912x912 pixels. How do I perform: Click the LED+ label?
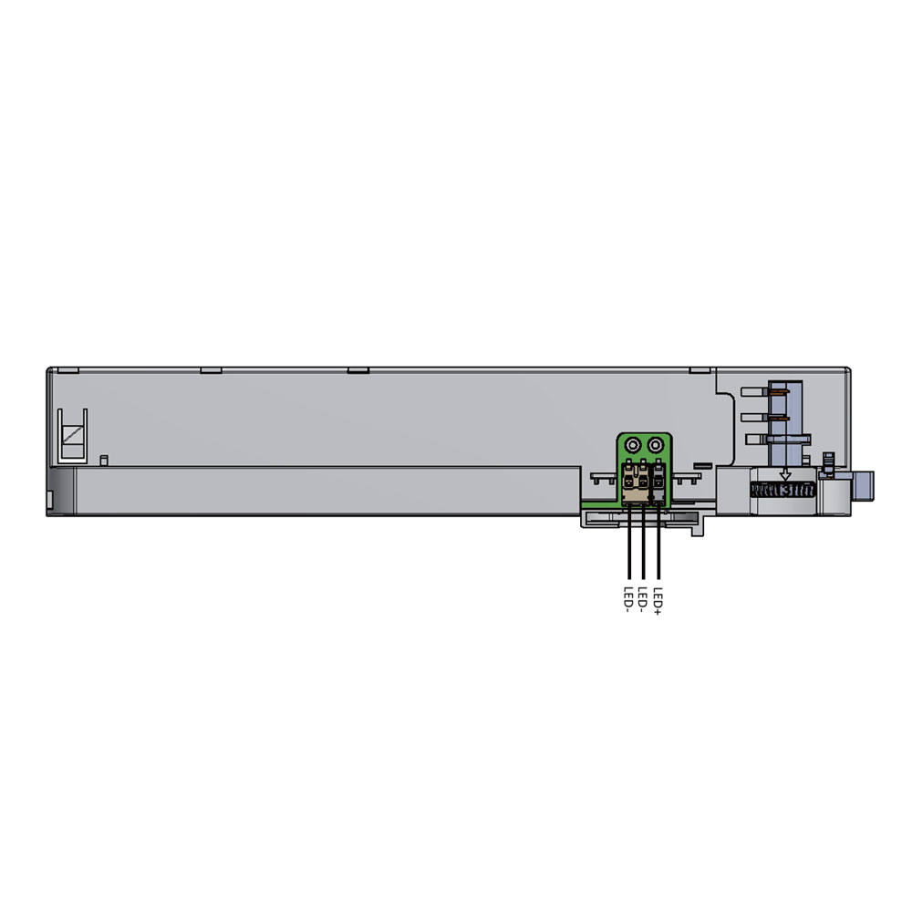[x=658, y=601]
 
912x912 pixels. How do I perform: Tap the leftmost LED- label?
[x=628, y=600]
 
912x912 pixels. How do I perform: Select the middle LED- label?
[x=643, y=600]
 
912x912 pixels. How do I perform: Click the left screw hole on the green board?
[x=632, y=446]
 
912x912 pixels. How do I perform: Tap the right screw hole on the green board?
[x=656, y=446]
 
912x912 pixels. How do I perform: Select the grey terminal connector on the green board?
[x=658, y=482]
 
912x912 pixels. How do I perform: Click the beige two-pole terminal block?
[x=636, y=482]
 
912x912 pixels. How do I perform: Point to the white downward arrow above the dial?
[x=785, y=474]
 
